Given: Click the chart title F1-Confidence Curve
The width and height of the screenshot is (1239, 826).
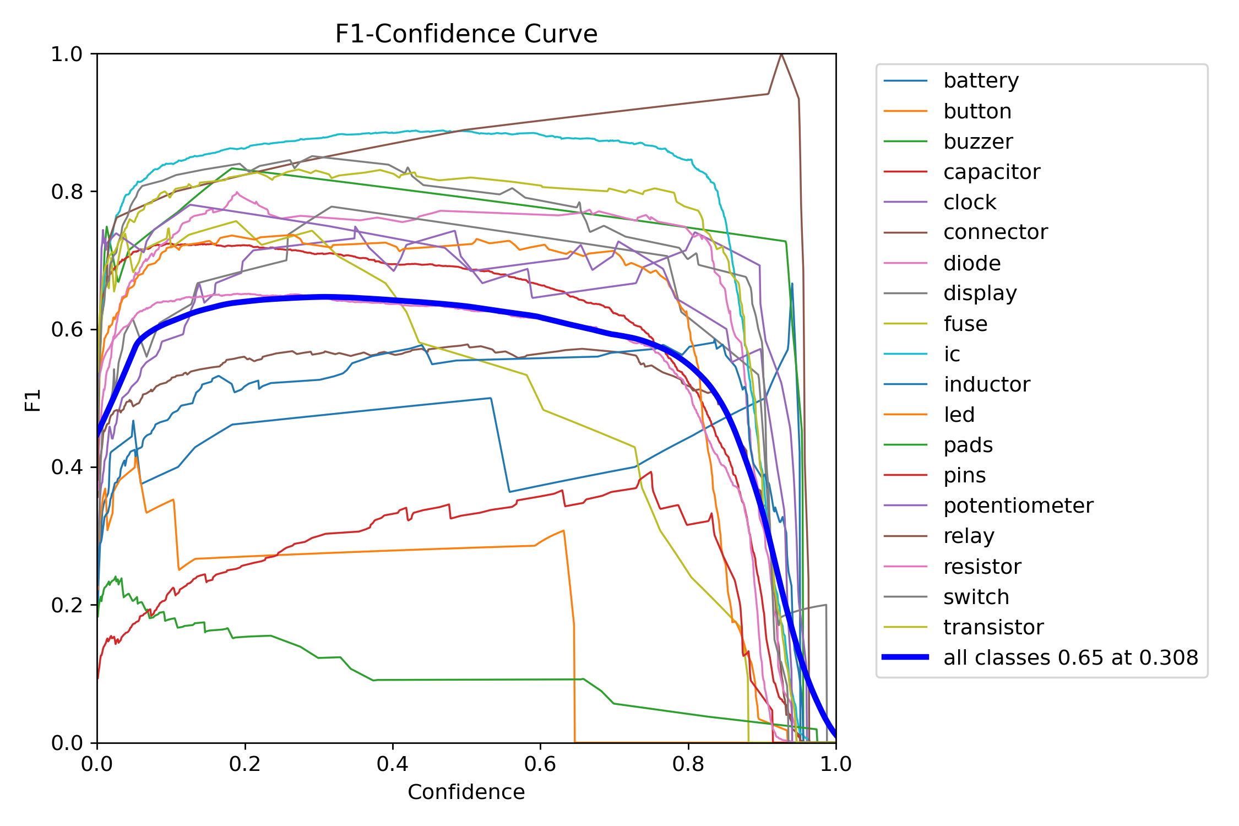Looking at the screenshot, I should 466,34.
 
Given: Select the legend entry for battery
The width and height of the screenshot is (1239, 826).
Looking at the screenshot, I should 981,81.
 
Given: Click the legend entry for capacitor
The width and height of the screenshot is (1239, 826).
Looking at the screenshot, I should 991,172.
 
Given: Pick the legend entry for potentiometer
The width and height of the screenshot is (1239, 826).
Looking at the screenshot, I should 1018,506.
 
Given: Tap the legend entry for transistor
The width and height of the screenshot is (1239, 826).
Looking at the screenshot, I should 993,628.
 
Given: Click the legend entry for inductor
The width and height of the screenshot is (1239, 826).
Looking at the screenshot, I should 986,385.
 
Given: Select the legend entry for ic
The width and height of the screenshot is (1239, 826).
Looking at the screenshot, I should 952,355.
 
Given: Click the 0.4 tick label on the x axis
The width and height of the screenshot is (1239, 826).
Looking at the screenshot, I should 393,764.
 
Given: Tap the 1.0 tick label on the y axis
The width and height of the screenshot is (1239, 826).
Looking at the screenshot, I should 67,55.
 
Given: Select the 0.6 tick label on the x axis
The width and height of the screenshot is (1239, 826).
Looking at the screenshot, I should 540,764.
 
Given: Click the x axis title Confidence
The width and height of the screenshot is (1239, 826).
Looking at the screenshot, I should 466,792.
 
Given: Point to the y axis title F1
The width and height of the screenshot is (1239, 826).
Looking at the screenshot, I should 33,400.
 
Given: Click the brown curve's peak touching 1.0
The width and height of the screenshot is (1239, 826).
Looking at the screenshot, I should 781,54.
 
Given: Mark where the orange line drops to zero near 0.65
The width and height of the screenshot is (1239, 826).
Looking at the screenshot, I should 574,741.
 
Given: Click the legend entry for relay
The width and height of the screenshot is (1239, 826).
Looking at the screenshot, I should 969,536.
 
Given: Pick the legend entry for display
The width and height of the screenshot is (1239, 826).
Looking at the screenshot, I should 980,294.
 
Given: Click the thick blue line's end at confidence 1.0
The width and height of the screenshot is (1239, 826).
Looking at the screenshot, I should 835,736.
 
